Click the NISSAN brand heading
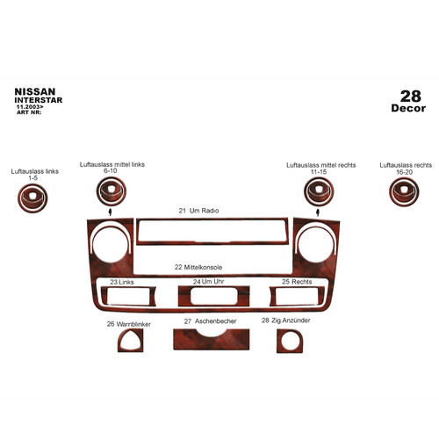click(x=35, y=91)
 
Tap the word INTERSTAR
click(x=39, y=100)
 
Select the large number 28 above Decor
click(x=411, y=97)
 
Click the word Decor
click(x=408, y=108)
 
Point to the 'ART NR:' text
click(x=29, y=112)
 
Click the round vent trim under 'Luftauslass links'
click(x=32, y=198)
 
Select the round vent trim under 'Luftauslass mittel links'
click(x=112, y=191)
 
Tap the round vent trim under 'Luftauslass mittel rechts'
click(x=319, y=191)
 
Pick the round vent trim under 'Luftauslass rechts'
click(x=404, y=191)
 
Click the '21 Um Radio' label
click(x=198, y=211)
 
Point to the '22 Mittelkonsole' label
click(x=198, y=267)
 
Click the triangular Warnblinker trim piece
click(x=131, y=340)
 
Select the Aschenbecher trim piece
click(x=212, y=340)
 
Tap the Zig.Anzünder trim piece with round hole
click(x=290, y=341)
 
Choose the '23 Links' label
click(x=122, y=282)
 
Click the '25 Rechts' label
click(x=297, y=282)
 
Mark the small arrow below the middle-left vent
click(x=110, y=212)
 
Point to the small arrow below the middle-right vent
click(x=318, y=212)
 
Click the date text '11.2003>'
click(x=30, y=107)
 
